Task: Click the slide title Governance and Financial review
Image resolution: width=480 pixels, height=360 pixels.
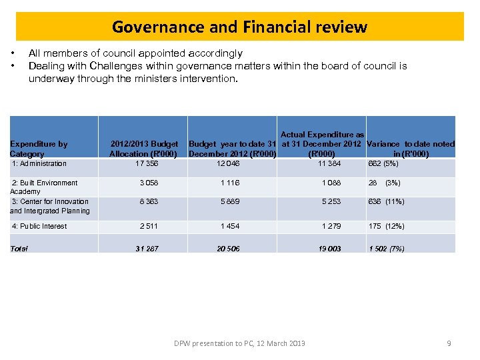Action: coord(239,27)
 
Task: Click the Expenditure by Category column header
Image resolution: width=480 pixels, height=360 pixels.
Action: coord(39,149)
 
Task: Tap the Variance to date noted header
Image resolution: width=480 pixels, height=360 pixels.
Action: coord(411,149)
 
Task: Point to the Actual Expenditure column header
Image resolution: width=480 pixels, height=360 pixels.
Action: coord(322,144)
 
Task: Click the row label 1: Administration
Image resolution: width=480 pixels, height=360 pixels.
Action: coord(39,163)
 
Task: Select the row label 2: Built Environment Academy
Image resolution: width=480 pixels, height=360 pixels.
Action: coord(45,187)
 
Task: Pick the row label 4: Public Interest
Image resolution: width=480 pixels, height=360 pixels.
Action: coord(39,226)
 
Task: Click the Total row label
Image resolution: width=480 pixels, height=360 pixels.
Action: coord(20,249)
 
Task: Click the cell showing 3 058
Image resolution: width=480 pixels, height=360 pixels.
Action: coord(149,183)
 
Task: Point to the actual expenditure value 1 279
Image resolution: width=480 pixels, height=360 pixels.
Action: coord(329,226)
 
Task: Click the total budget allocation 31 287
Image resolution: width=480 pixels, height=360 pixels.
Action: coord(147,249)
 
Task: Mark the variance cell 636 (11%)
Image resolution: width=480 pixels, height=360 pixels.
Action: coord(386,201)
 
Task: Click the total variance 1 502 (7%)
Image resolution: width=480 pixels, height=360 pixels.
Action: coord(387,249)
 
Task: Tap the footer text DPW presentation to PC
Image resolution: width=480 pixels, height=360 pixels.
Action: coord(239,343)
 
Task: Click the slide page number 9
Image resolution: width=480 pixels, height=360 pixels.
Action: coord(449,343)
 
